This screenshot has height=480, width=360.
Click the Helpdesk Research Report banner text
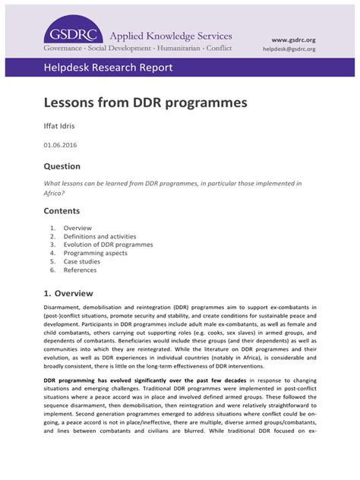pos(108,68)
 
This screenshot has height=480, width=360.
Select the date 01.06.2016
pos(60,144)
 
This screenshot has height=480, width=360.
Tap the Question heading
pos(62,166)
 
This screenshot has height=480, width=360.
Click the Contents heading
pos(62,210)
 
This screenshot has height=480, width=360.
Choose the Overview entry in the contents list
pos(77,228)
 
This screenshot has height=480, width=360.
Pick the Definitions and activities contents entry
pos(95,236)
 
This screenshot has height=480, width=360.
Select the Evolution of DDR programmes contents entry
pos(108,245)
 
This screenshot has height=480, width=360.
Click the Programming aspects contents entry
pos(95,253)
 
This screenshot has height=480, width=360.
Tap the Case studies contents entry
pos(81,261)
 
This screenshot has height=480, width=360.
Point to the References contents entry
pos(80,270)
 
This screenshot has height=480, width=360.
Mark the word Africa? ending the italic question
pos(54,193)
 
